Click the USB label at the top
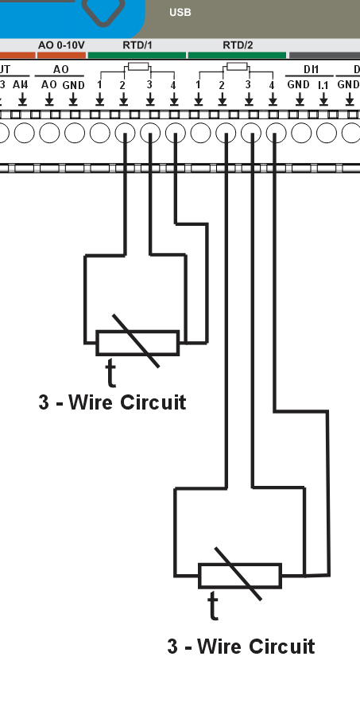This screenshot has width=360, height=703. (180, 13)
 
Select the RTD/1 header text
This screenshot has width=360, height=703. (137, 45)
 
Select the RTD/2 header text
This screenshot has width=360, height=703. (237, 45)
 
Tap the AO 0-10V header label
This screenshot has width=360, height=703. (60, 45)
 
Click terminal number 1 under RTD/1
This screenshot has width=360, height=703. (99, 84)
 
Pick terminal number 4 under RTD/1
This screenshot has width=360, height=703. (173, 84)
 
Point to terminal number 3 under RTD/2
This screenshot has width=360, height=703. (248, 84)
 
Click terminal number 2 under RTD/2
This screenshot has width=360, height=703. (223, 84)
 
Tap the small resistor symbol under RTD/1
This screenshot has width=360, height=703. (137, 67)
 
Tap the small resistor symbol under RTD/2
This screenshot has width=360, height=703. (237, 67)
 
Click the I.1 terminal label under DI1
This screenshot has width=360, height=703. (323, 84)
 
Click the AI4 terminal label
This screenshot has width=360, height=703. (21, 84)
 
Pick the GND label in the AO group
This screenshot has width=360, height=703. (74, 84)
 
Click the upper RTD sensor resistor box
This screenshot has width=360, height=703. (137, 343)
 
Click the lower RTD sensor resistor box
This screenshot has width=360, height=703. (239, 576)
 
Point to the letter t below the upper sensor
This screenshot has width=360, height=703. (110, 371)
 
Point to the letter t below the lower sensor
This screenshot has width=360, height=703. (213, 606)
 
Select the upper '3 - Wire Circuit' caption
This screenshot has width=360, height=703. (112, 402)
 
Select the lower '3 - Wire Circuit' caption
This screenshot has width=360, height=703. (241, 646)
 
